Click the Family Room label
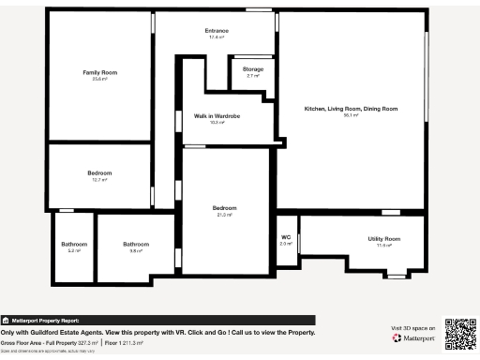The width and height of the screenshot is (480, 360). [99, 72]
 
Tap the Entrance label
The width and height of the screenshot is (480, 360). [217, 31]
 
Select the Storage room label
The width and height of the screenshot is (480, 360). [253, 69]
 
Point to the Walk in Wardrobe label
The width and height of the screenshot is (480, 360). [217, 116]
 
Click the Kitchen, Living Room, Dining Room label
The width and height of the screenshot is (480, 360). [352, 109]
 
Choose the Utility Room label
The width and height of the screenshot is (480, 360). [383, 239]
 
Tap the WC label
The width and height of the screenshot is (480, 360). [287, 237]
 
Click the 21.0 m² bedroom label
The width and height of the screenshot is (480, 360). [224, 207]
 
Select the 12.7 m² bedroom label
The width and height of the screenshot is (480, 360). [99, 173]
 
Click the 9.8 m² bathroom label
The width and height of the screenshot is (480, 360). [136, 245]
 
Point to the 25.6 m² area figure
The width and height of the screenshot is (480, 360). [99, 79]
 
